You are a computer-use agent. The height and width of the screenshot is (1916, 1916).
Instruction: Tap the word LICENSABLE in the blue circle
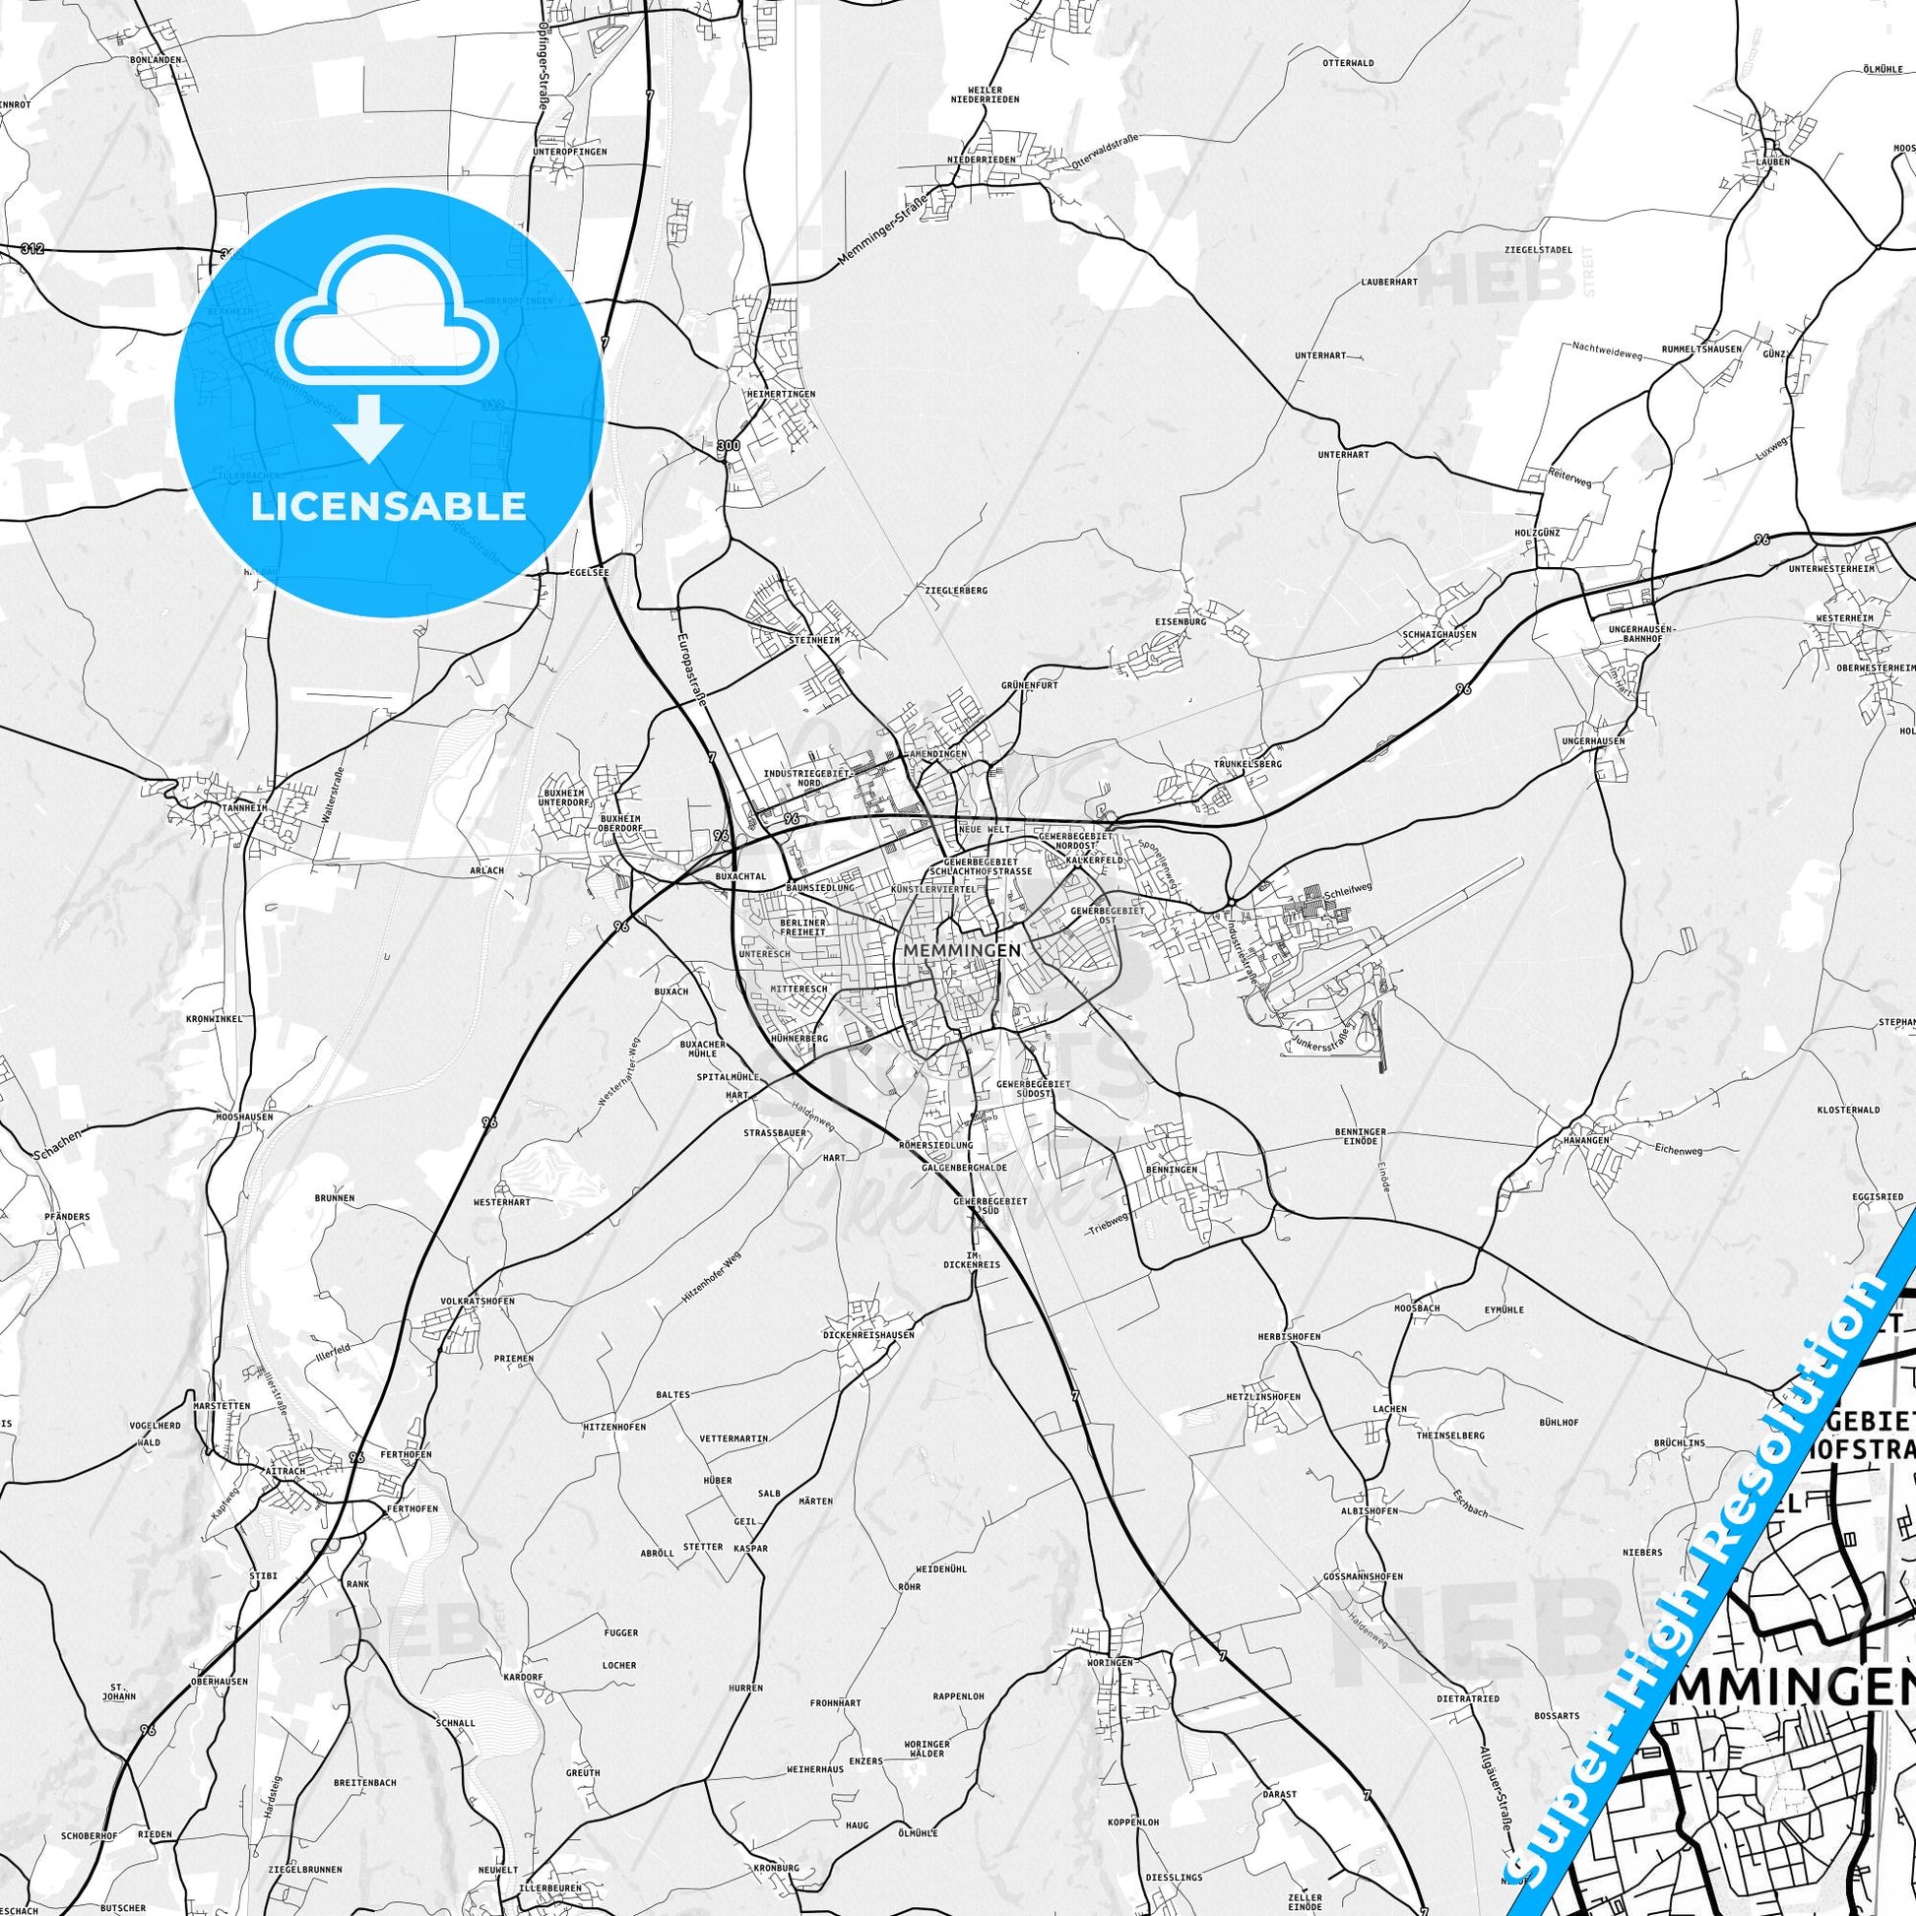click(388, 506)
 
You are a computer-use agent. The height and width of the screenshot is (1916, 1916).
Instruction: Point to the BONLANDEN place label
click(156, 59)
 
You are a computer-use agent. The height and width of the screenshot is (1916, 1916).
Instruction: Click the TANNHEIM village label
click(217, 807)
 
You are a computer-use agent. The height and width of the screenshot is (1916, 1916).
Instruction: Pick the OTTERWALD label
click(1348, 62)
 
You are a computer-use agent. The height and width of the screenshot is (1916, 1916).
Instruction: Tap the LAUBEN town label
click(1770, 160)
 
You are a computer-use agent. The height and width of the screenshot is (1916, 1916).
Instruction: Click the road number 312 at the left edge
click(32, 249)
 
